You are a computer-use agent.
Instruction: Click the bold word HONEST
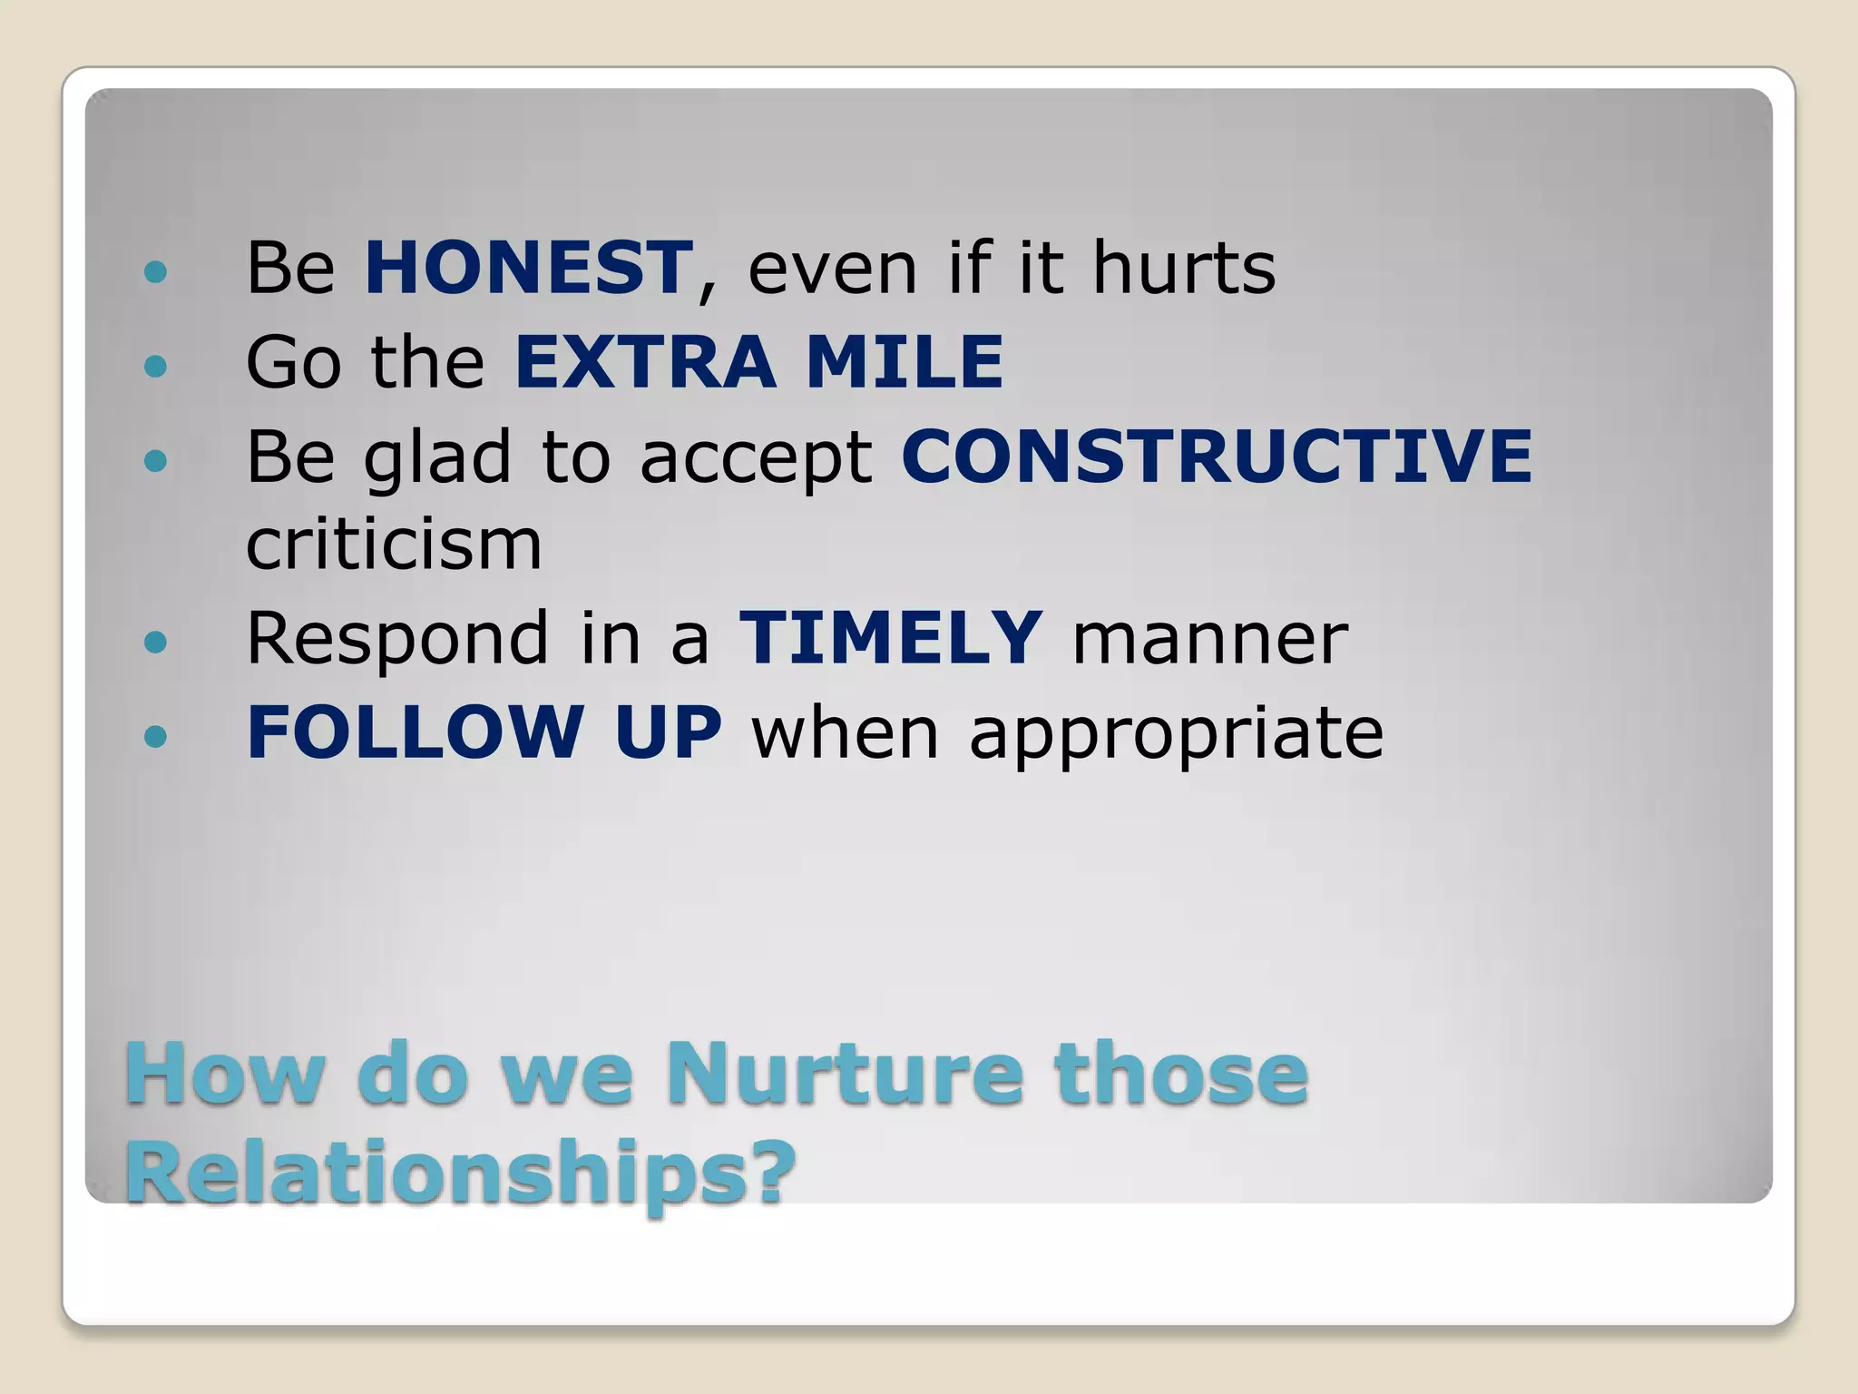click(x=529, y=268)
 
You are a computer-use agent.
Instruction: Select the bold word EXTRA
click(x=645, y=362)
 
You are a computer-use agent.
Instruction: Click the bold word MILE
click(x=905, y=362)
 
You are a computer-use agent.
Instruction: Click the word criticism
click(x=394, y=545)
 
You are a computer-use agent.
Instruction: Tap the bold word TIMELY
click(x=891, y=638)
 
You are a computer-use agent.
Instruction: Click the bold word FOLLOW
click(x=415, y=731)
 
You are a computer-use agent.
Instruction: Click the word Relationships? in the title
click(x=460, y=1173)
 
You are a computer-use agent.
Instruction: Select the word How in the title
click(x=224, y=1074)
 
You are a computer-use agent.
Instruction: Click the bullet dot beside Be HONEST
click(x=156, y=271)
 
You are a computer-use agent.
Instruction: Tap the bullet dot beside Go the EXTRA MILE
click(x=156, y=366)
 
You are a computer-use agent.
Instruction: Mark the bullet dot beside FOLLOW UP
click(x=156, y=735)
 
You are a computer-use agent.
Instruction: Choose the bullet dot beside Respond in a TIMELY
click(x=156, y=643)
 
